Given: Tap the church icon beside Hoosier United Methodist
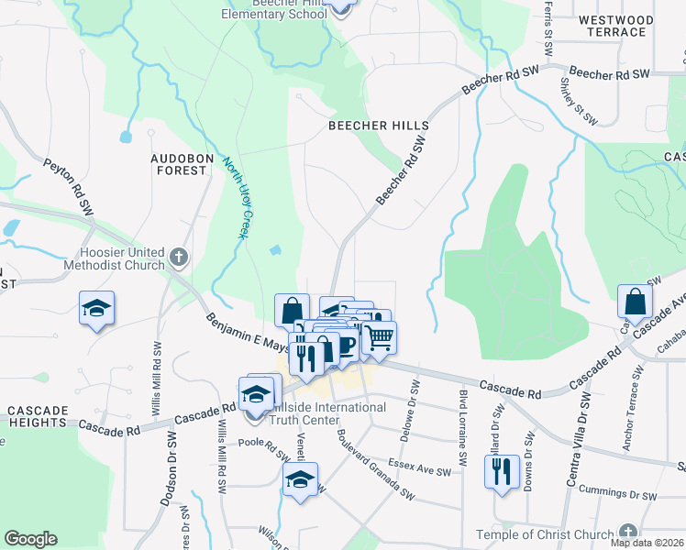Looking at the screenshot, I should point(178,258).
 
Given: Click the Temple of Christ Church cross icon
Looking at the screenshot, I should point(627,533).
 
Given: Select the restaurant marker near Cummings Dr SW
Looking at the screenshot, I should point(499,471).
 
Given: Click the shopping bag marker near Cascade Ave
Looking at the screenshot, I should point(635,300).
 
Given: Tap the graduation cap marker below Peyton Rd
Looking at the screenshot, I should point(96,308).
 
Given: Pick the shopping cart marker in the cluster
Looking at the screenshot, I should point(378,335).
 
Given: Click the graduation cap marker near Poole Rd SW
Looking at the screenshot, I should point(300,478).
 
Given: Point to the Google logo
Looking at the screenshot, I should point(30,539).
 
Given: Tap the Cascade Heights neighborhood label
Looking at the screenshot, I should point(42,416).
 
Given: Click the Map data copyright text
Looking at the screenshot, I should point(647,543).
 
